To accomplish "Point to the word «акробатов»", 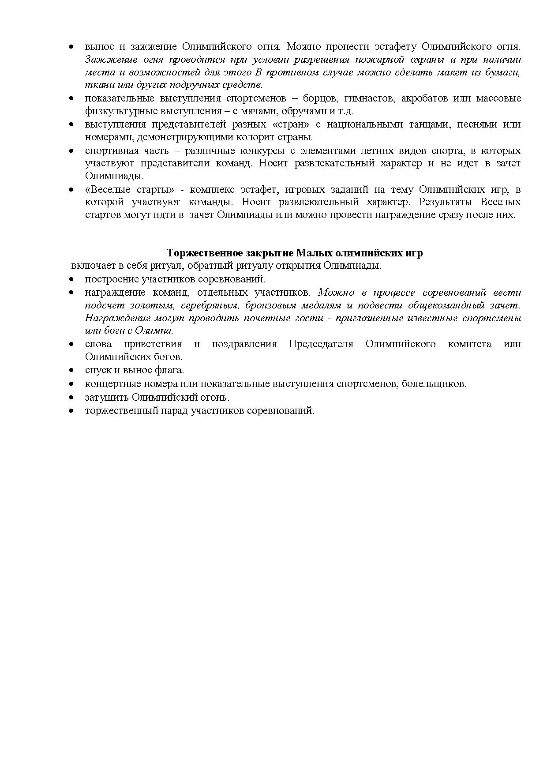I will coord(423,98).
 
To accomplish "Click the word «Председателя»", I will coord(321,344).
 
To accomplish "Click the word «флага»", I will coord(172,370).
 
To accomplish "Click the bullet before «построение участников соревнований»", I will coord(71,280).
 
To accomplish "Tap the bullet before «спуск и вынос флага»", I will coord(71,370).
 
